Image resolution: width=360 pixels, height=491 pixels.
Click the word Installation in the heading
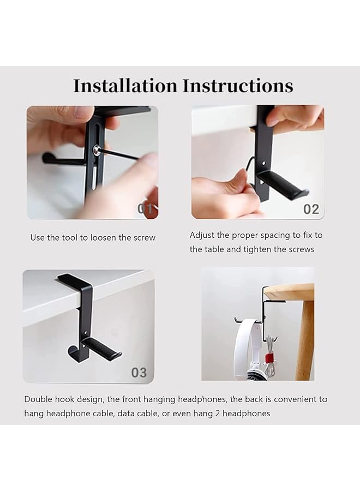coord(125,86)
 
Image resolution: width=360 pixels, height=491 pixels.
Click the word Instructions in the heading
coord(238,86)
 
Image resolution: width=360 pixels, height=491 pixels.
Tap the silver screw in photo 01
coord(97,150)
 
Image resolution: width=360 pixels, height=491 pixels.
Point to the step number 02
coord(311,209)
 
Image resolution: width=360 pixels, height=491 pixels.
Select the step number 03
coord(139,373)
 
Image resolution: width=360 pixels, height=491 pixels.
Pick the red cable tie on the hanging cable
coord(268,357)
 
